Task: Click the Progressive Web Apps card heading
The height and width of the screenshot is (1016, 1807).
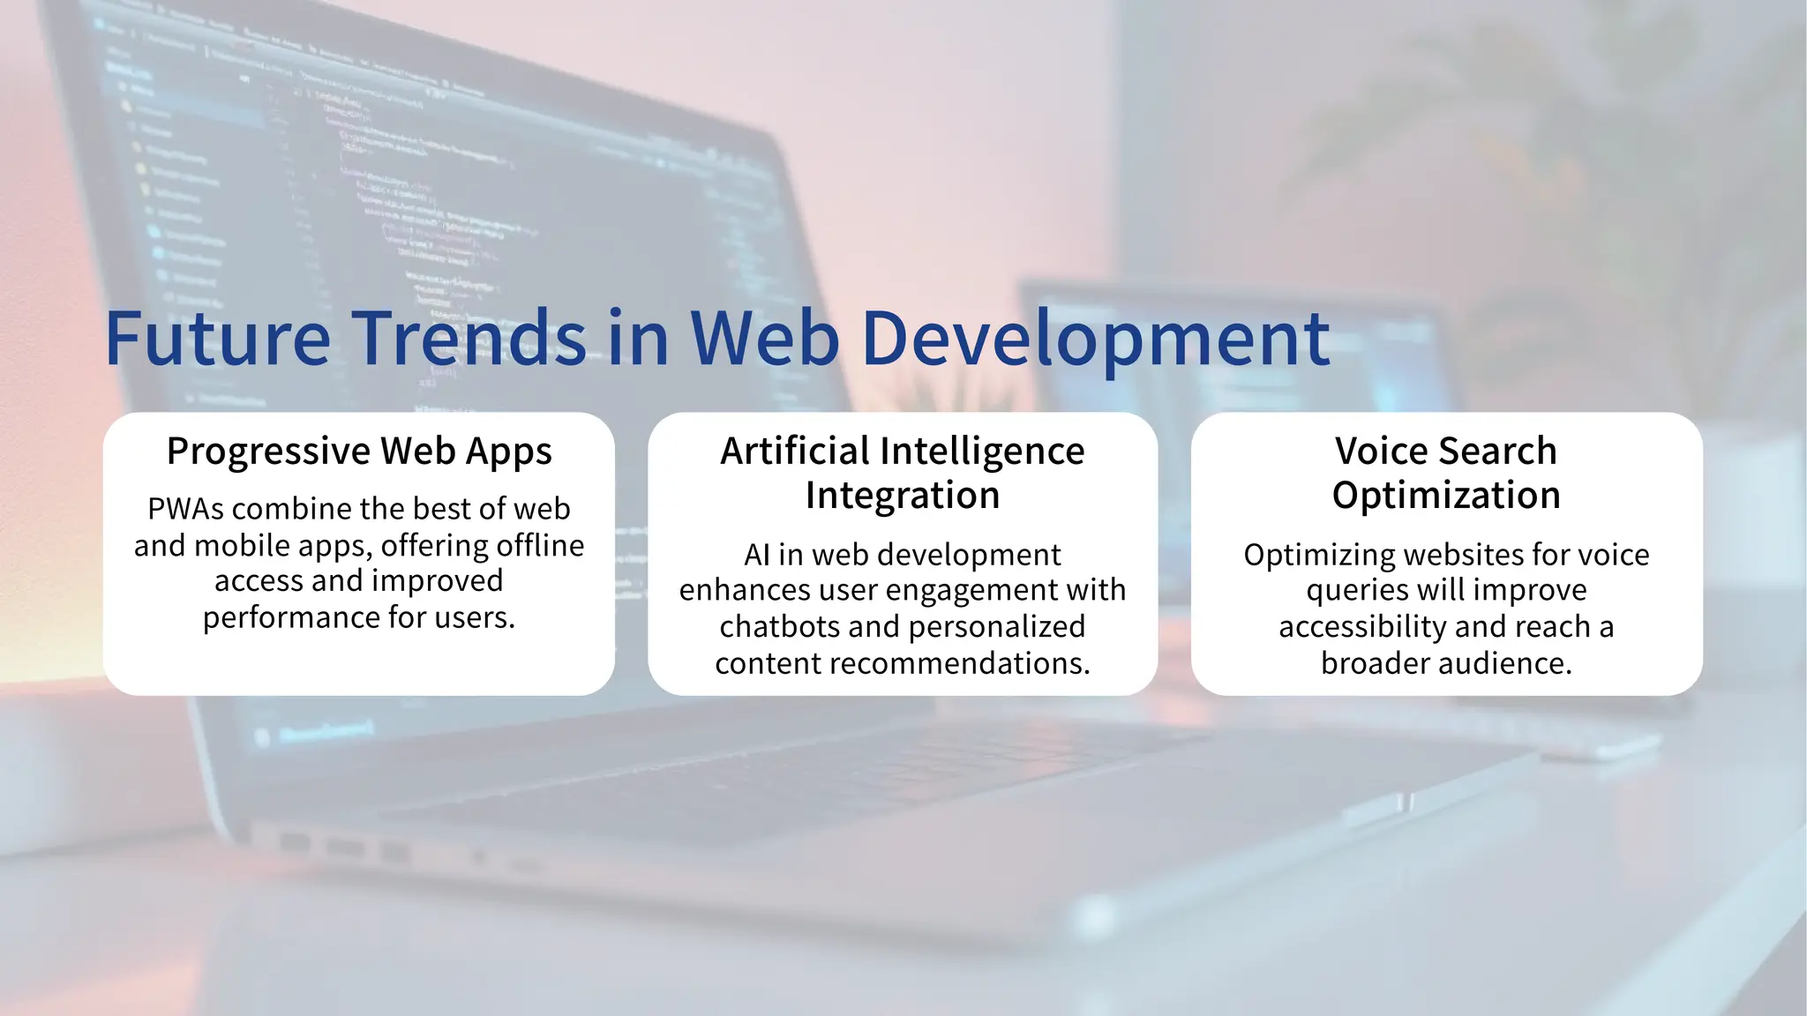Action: [359, 452]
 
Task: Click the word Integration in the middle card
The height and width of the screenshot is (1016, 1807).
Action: [902, 496]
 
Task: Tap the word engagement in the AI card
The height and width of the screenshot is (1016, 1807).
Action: [923, 590]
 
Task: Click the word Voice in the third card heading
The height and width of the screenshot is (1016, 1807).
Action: [1378, 452]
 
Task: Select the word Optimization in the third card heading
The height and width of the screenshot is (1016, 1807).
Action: [1446, 496]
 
